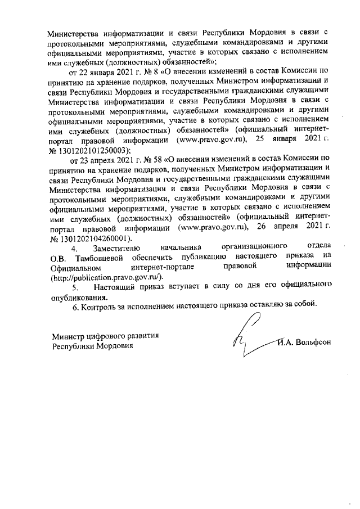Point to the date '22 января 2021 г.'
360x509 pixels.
(x=116, y=73)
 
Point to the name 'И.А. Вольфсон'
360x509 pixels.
(x=306, y=341)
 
